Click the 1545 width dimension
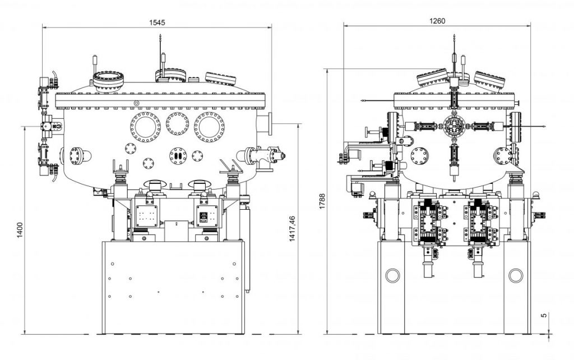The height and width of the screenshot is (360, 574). point(157,22)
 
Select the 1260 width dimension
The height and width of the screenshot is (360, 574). point(437,21)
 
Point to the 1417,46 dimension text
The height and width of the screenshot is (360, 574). point(291,229)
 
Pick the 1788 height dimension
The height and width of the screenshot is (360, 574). point(321,202)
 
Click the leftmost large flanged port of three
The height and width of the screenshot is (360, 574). point(145,127)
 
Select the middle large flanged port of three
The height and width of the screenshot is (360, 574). point(178,124)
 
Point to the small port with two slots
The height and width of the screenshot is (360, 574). point(178,155)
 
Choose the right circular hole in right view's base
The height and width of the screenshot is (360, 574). point(515,275)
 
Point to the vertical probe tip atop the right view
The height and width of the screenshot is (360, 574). point(453,38)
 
